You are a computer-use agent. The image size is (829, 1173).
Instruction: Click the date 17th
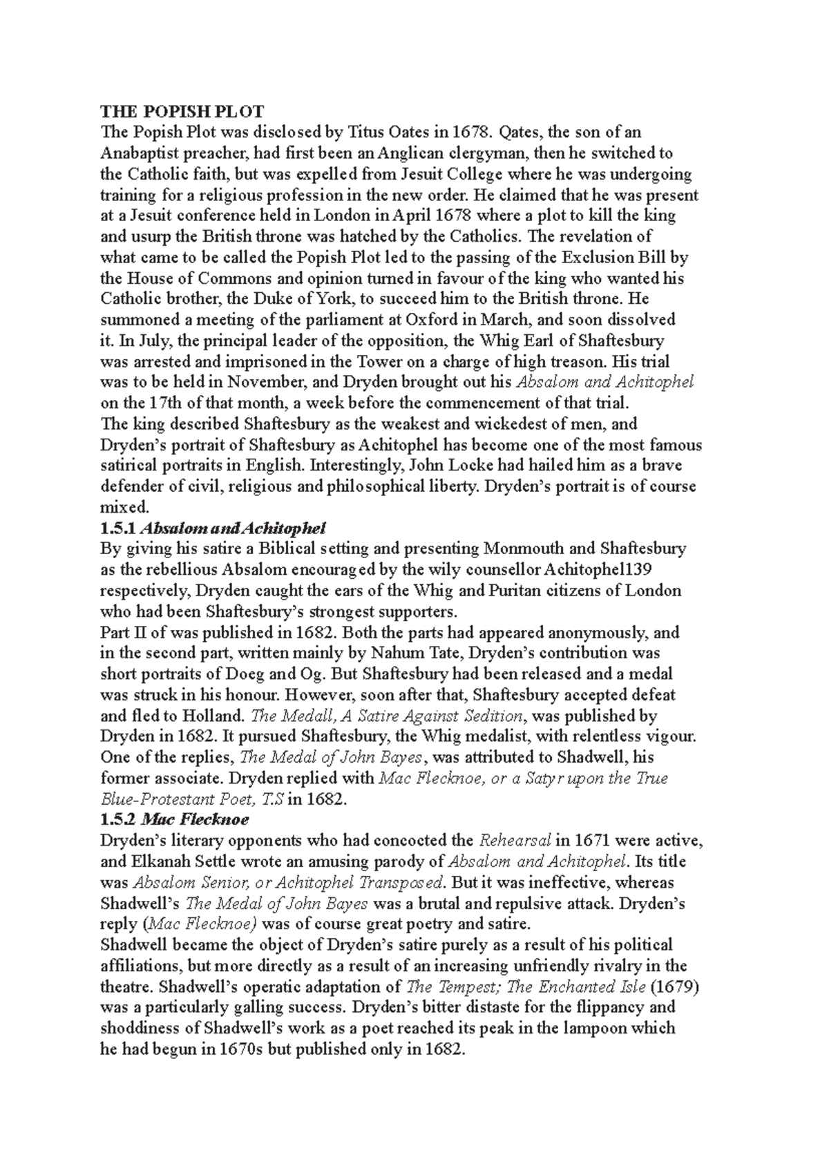point(163,403)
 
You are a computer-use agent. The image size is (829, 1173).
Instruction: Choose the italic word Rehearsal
point(515,841)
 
